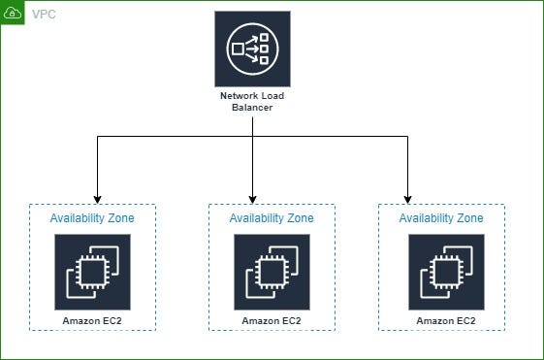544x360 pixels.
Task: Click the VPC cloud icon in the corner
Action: coord(13,14)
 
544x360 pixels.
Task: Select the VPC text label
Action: coord(45,15)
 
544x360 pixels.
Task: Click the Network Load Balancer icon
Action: coord(252,49)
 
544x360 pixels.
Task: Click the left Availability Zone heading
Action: coord(92,218)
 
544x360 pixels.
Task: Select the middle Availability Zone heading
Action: coord(272,218)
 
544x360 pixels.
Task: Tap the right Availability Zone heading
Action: coord(441,218)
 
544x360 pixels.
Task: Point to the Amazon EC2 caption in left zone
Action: coord(92,319)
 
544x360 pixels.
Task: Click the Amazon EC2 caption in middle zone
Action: coord(272,319)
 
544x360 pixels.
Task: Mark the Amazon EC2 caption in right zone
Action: coord(446,319)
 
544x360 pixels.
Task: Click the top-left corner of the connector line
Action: coord(97,137)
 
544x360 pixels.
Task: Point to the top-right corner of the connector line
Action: coord(407,137)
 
